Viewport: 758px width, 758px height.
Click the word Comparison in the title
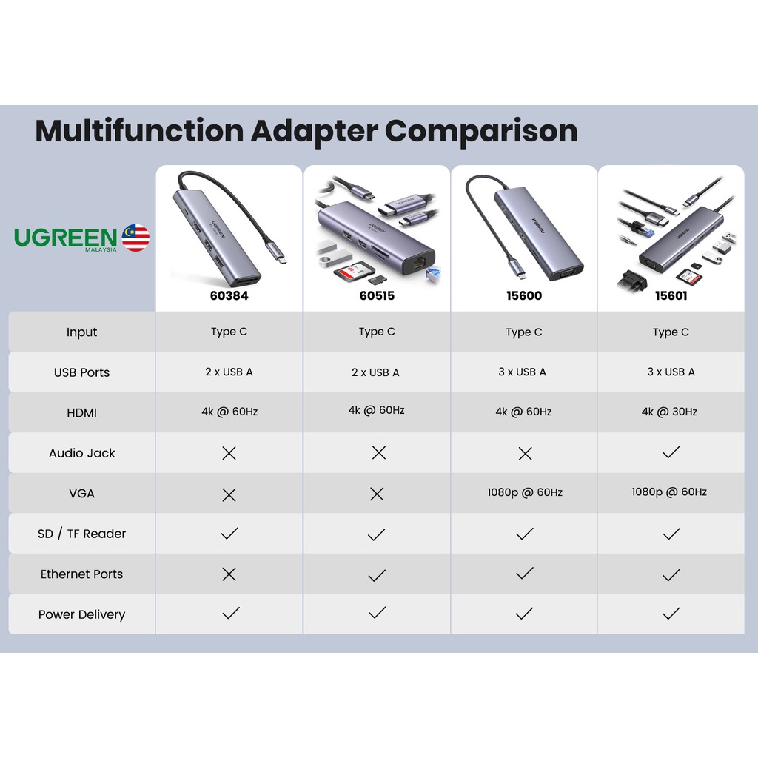[x=481, y=131]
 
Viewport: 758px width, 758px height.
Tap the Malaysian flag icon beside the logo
[x=136, y=238]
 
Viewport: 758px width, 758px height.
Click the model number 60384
[x=229, y=295]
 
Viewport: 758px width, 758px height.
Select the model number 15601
[x=671, y=295]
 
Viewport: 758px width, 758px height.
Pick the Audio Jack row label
[x=82, y=453]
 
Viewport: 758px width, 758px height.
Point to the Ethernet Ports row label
[x=82, y=574]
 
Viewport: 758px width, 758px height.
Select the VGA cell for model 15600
[x=525, y=492]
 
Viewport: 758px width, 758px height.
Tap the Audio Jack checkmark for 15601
[x=671, y=452]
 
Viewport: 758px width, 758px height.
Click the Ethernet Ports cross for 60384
[x=229, y=574]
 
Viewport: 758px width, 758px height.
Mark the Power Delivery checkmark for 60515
[x=377, y=613]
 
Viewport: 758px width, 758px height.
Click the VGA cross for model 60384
[x=229, y=494]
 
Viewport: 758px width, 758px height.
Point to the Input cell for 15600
[x=524, y=332]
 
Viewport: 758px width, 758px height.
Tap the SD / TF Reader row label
[x=82, y=534]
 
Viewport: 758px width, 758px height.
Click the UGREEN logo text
[x=66, y=238]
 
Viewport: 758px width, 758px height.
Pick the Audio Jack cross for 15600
[x=525, y=454]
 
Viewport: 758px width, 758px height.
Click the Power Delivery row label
[x=82, y=614]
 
